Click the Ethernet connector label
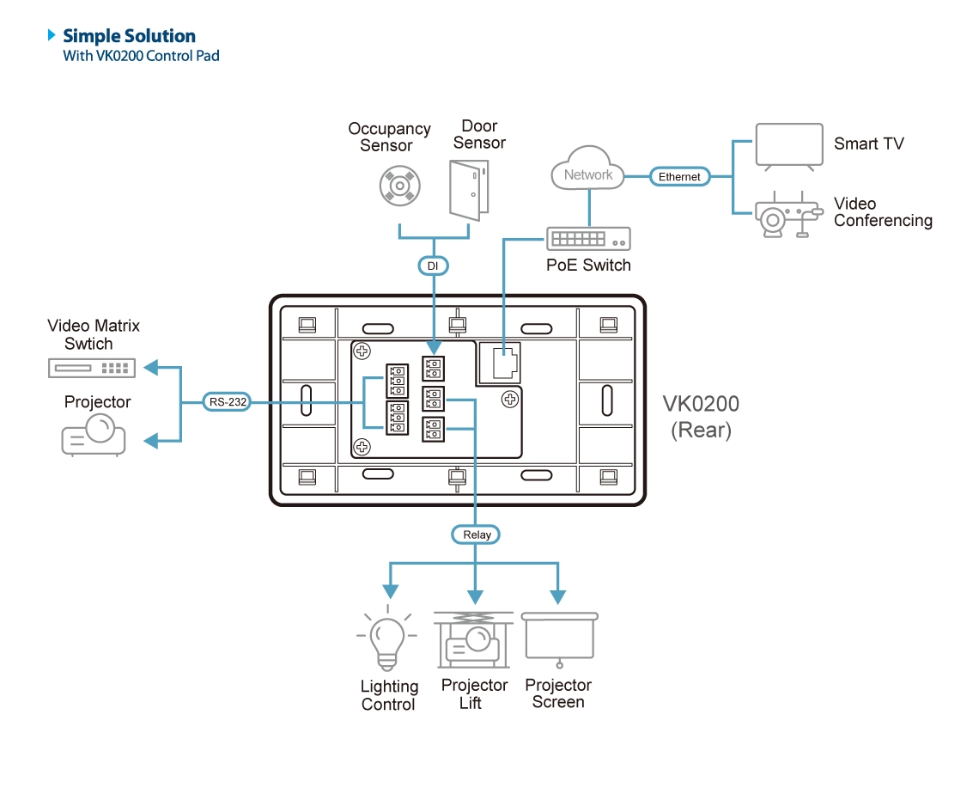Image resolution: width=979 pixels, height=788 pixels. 679,176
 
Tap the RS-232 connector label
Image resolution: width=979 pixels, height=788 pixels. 227,400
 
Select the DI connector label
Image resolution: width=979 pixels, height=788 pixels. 433,266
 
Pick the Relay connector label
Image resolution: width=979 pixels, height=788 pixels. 477,534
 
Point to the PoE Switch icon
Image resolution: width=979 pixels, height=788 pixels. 588,238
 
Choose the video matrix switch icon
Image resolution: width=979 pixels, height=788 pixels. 91,368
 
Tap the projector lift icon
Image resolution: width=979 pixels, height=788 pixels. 474,640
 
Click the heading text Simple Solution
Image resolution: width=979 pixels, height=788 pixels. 129,36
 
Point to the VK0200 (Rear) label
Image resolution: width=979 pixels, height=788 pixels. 701,417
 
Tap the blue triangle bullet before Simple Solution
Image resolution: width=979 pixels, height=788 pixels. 52,36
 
